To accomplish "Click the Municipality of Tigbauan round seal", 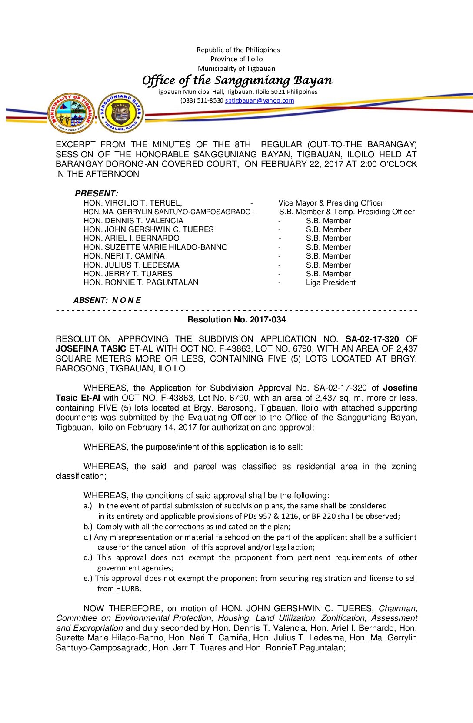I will (x=71, y=113).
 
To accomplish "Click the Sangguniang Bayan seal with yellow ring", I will (x=121, y=113).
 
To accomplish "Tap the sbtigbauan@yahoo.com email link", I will (x=260, y=100).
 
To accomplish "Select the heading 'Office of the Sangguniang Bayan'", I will (x=237, y=80).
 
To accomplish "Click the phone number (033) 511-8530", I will (x=202, y=100).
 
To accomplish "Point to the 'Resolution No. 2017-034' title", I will (x=236, y=320).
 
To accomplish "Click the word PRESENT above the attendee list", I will (x=96, y=193).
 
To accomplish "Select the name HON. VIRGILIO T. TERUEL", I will (x=133, y=203).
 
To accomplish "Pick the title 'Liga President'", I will (x=330, y=283).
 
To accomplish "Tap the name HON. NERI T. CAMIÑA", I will (x=124, y=256).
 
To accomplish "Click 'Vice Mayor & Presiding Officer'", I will (x=330, y=203).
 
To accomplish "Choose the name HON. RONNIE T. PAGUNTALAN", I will (x=141, y=283).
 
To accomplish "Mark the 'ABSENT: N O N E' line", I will (x=107, y=300).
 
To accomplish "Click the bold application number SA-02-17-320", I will (x=372, y=339).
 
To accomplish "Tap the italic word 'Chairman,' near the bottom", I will (x=397, y=608).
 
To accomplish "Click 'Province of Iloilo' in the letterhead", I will (x=236, y=59).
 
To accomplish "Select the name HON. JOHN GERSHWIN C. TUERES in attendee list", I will (x=148, y=229).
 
